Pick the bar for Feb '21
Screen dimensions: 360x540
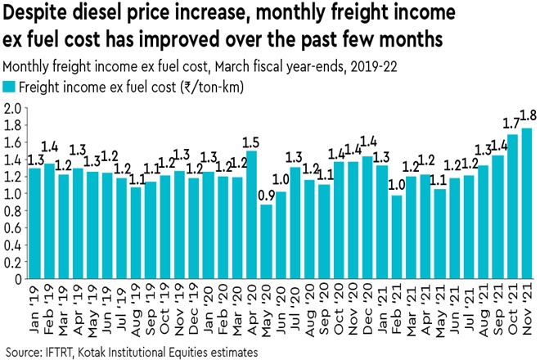(397, 236)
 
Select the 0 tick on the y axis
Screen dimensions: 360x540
(18, 278)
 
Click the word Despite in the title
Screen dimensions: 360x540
(37, 14)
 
